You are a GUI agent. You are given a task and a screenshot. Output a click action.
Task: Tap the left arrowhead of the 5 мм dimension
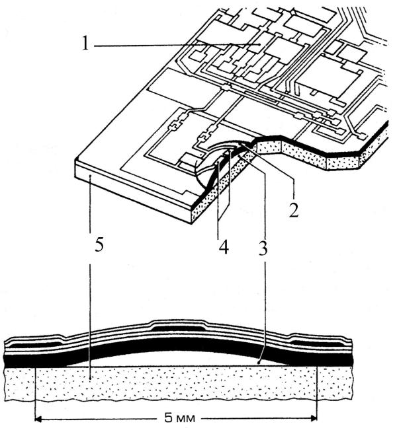point(38,418)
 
